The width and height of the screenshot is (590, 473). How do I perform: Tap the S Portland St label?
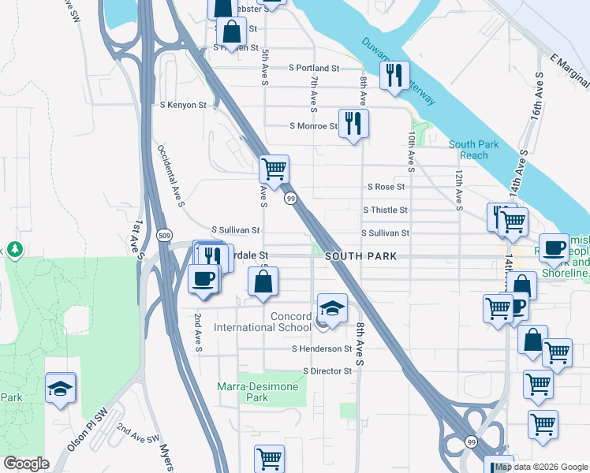tap(313, 69)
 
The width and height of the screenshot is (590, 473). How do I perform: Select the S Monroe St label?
tap(314, 126)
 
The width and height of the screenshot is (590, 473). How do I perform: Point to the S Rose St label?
tap(386, 187)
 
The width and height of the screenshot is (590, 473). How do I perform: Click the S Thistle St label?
tap(385, 210)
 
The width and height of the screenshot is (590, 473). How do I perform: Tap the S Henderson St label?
tap(321, 348)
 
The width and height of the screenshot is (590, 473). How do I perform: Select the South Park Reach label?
tap(474, 150)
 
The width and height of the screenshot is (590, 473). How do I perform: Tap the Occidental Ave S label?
tap(170, 175)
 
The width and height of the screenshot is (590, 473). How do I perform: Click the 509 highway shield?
tap(164, 235)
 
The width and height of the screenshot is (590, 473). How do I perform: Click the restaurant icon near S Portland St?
tap(394, 75)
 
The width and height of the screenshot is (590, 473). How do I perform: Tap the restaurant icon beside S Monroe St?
tap(353, 122)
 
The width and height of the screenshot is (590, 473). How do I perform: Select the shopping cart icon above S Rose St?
tap(274, 168)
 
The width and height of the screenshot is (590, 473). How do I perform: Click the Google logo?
tap(27, 464)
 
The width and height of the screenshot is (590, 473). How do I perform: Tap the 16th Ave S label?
tap(538, 93)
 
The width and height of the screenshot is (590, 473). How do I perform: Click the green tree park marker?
tap(13, 250)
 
